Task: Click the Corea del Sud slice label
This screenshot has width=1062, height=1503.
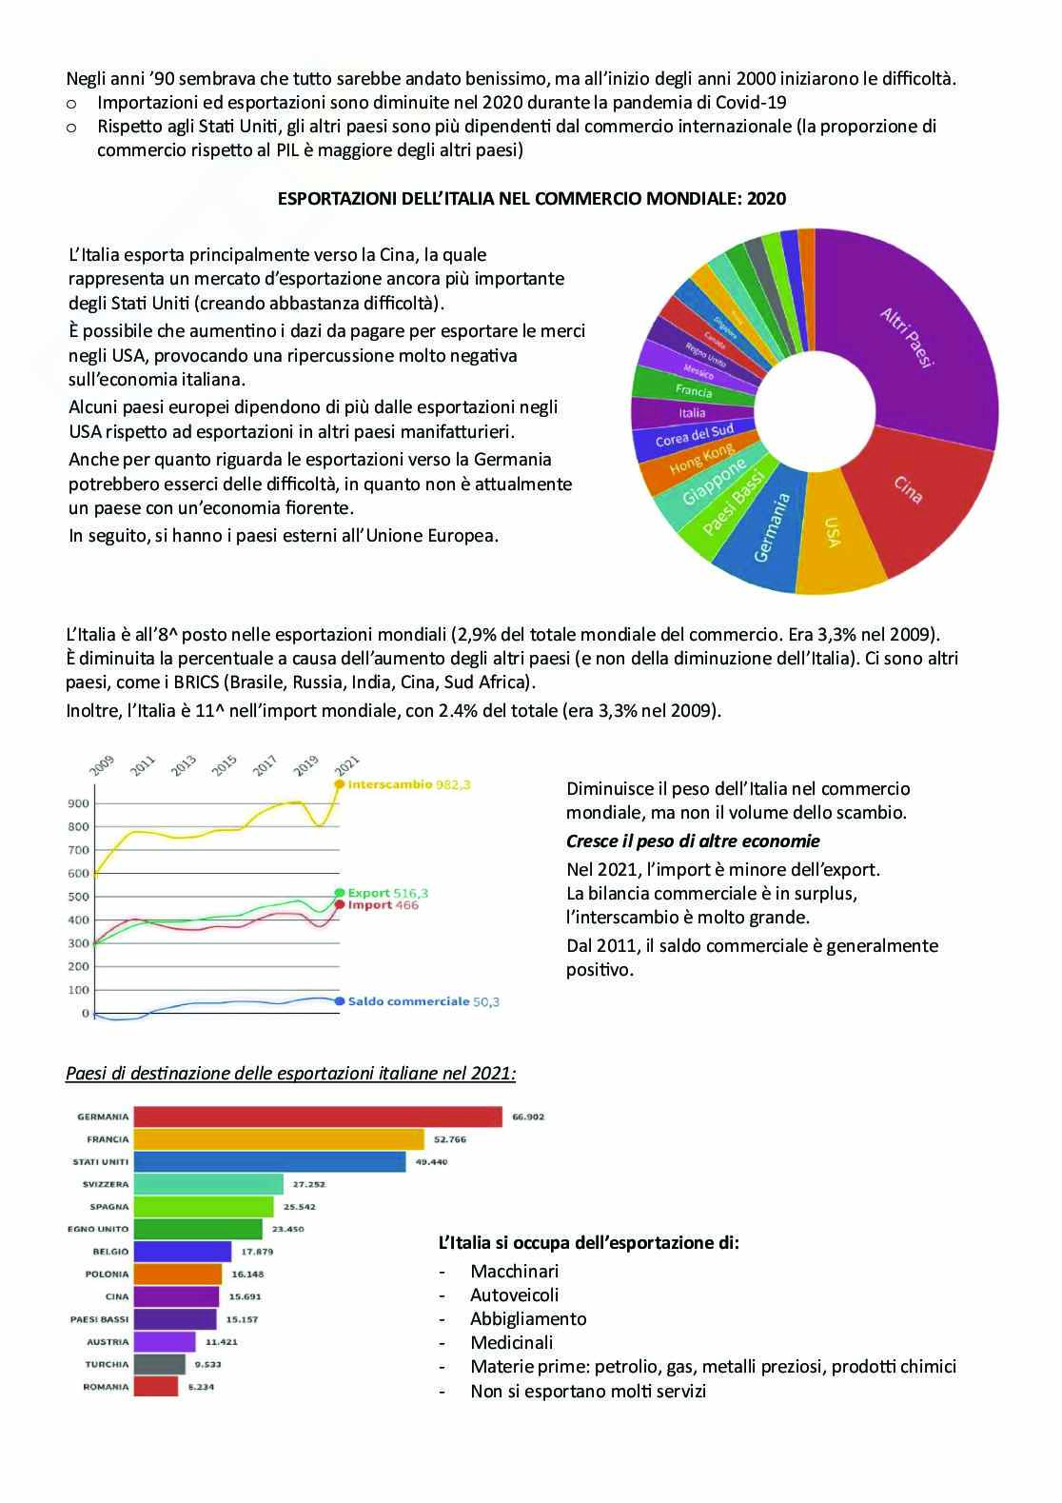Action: tap(695, 436)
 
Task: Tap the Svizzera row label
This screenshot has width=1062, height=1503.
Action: tap(106, 1184)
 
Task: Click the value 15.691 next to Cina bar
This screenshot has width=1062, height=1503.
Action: tap(246, 1296)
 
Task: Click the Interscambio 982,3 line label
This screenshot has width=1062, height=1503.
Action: tap(409, 785)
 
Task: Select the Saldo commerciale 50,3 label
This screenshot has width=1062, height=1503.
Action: tap(423, 1001)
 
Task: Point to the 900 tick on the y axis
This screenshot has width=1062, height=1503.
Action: tap(78, 803)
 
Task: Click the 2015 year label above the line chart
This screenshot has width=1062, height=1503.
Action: tap(225, 764)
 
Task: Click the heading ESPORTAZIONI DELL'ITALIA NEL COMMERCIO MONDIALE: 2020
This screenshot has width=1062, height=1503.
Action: tap(531, 199)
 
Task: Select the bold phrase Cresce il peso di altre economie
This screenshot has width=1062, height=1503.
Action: tap(693, 841)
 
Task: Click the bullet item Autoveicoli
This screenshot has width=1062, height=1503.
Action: tap(514, 1295)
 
